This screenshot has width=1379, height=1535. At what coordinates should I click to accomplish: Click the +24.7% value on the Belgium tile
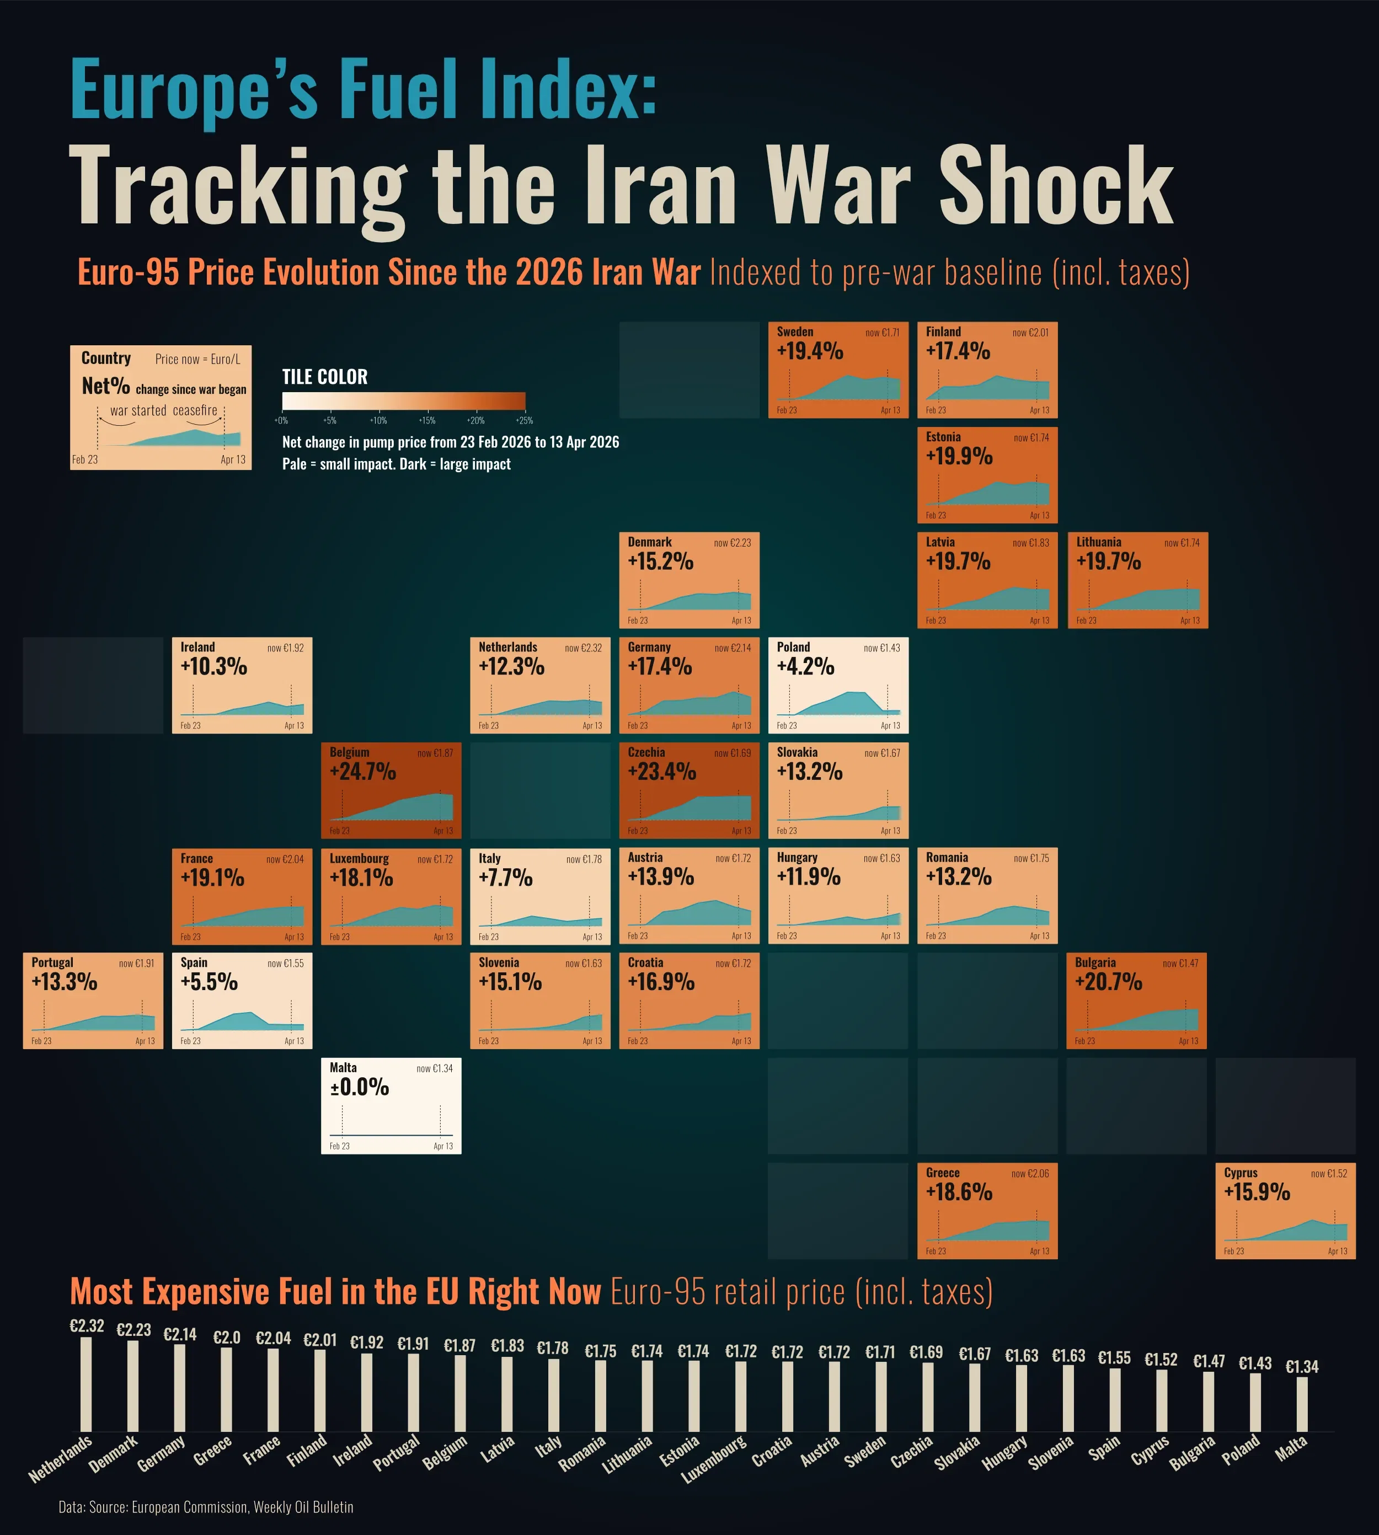click(x=362, y=771)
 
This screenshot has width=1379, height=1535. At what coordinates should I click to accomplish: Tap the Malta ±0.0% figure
click(x=359, y=1087)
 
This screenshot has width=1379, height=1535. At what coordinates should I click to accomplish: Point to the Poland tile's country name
click(x=793, y=647)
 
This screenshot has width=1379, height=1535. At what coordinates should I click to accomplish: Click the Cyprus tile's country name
click(x=1241, y=1172)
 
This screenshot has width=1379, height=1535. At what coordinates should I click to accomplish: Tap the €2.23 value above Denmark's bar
click(x=133, y=1330)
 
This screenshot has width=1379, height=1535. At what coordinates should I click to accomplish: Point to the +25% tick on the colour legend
click(x=525, y=420)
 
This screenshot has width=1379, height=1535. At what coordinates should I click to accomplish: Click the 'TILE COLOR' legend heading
click(x=324, y=377)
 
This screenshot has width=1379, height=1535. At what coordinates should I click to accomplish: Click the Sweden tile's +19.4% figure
click(x=809, y=351)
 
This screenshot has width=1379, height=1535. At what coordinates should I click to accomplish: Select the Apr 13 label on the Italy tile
click(x=592, y=937)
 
